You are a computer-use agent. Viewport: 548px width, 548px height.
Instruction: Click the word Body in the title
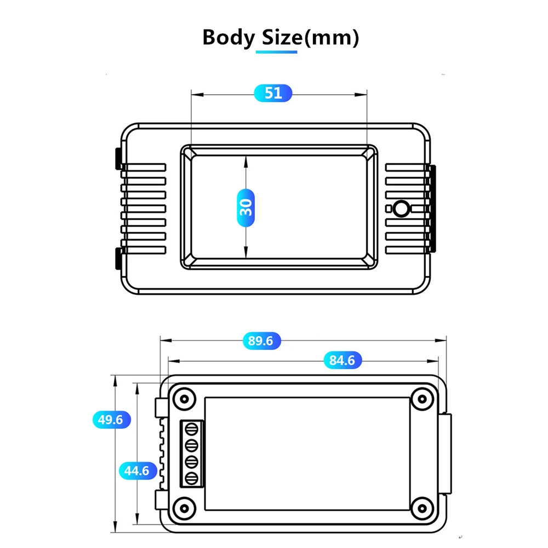coord(229,38)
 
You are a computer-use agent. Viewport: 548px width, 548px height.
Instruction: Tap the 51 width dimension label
coord(273,93)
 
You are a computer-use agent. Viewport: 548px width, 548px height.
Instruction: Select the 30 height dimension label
coord(246,207)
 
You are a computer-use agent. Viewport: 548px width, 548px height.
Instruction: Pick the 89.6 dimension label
coord(261,341)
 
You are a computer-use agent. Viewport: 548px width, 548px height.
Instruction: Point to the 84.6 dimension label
coord(342,360)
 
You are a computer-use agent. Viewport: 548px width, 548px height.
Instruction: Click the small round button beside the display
coord(401,209)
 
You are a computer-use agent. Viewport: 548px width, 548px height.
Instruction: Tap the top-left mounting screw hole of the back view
coord(184,398)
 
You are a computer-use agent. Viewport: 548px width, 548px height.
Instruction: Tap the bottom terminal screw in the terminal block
coord(192,478)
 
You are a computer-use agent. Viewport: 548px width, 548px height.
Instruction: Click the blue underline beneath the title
coord(277,52)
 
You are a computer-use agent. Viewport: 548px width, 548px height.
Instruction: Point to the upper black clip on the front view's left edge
coord(117,158)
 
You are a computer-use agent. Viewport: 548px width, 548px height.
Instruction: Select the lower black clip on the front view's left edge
coord(117,259)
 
